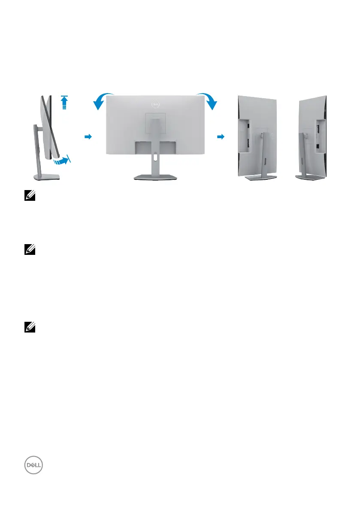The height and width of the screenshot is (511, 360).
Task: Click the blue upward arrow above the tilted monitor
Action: pyautogui.click(x=64, y=103)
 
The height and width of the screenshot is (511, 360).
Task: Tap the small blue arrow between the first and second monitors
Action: pyautogui.click(x=88, y=136)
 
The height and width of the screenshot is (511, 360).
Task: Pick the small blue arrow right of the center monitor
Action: pyautogui.click(x=221, y=136)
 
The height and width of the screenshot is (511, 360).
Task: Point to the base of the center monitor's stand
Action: pyautogui.click(x=155, y=178)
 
